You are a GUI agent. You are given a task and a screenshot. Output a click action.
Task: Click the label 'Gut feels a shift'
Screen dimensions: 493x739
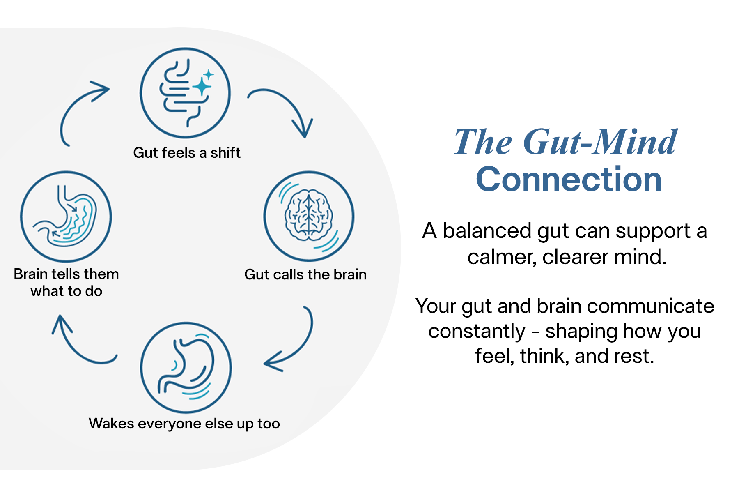(x=187, y=153)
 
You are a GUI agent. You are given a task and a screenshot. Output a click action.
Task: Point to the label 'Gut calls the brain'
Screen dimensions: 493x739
(x=305, y=274)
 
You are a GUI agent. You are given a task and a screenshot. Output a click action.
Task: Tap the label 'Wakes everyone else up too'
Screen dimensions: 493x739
(x=184, y=424)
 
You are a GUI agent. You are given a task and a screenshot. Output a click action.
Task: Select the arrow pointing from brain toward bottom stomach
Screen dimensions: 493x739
(x=294, y=345)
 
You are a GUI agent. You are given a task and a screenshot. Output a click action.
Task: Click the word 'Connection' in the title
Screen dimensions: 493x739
(x=569, y=180)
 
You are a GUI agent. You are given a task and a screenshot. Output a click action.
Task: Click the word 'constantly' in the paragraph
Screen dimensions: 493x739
(x=477, y=332)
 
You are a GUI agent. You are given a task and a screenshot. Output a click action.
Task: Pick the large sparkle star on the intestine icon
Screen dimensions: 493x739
(x=202, y=87)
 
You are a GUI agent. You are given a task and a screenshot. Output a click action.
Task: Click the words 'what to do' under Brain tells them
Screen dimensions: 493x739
(x=66, y=291)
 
